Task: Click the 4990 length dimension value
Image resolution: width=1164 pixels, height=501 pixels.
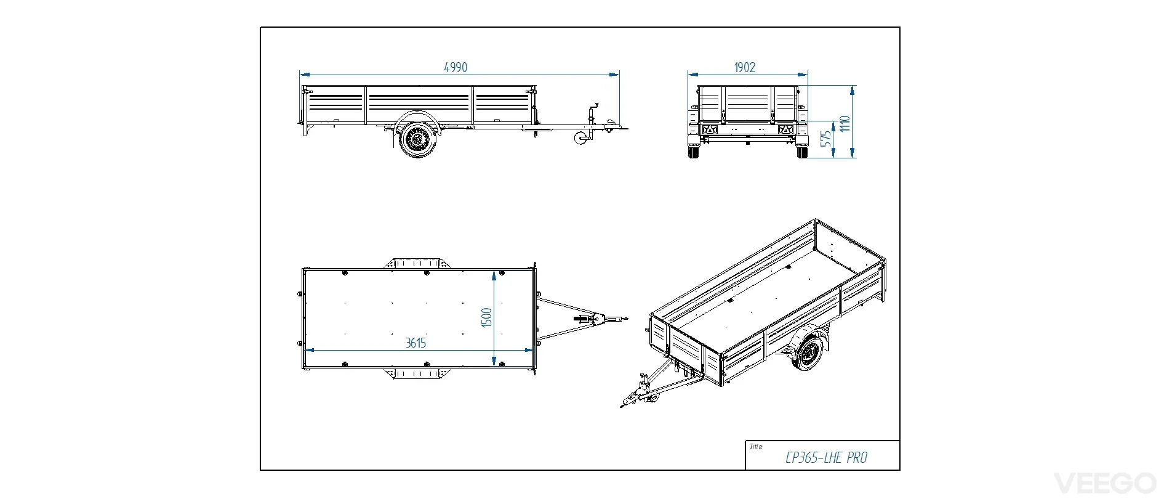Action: click(456, 67)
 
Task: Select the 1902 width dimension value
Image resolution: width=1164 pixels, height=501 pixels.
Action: click(744, 67)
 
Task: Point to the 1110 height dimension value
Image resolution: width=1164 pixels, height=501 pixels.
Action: click(845, 123)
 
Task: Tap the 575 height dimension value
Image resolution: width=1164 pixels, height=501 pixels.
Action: click(827, 138)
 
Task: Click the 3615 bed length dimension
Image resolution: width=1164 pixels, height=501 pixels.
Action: click(415, 343)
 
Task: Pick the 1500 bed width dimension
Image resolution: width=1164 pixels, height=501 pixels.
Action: click(486, 317)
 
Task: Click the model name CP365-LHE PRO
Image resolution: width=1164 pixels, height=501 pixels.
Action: click(826, 458)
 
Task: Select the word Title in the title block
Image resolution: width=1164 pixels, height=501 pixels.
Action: click(756, 447)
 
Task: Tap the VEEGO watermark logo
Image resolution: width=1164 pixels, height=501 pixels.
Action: click(1106, 483)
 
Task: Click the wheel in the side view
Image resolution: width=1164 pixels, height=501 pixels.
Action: click(417, 141)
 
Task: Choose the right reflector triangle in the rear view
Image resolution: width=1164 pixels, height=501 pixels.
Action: click(785, 130)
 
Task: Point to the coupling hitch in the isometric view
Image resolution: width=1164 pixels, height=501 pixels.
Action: click(628, 401)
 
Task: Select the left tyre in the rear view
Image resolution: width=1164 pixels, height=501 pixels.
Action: click(694, 152)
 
